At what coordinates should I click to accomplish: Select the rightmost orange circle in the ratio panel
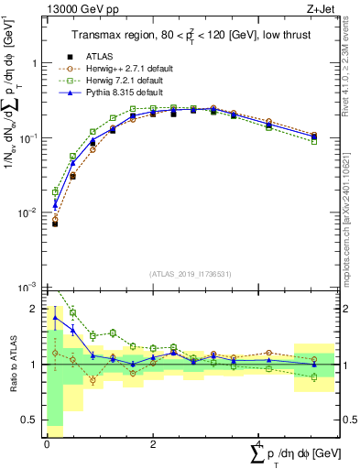pos(314,359)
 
